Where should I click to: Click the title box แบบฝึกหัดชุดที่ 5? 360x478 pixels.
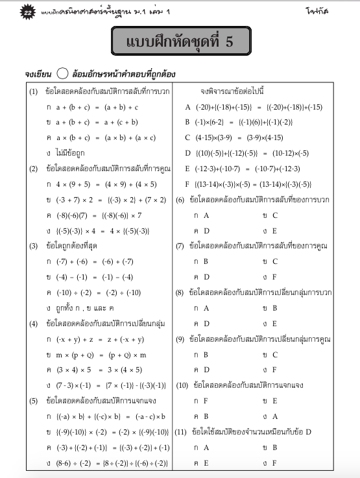coord(180,43)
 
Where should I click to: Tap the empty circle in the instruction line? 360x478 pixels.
coord(62,74)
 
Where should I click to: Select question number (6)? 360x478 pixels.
coord(180,199)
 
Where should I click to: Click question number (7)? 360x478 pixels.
coord(180,246)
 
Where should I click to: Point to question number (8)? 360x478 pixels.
coord(180,293)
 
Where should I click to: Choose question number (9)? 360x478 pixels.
coord(180,339)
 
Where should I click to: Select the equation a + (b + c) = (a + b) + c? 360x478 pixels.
coord(97,106)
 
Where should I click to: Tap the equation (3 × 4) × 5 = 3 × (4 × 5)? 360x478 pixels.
coord(98,370)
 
